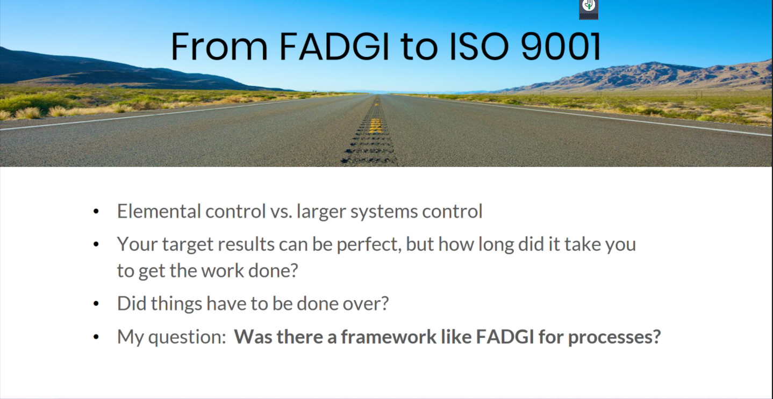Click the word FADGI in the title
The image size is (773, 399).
click(334, 46)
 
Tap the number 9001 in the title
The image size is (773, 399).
click(561, 46)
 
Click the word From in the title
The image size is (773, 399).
click(219, 46)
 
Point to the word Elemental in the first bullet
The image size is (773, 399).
click(159, 211)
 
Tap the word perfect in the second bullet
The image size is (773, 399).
click(369, 245)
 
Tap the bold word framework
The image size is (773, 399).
click(389, 337)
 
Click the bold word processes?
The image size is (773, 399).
click(614, 337)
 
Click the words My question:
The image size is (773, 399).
click(171, 337)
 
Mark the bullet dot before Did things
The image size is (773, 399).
click(96, 304)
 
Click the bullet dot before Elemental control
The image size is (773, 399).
click(96, 212)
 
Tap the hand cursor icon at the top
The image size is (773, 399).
click(589, 5)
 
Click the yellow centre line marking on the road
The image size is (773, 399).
click(375, 126)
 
